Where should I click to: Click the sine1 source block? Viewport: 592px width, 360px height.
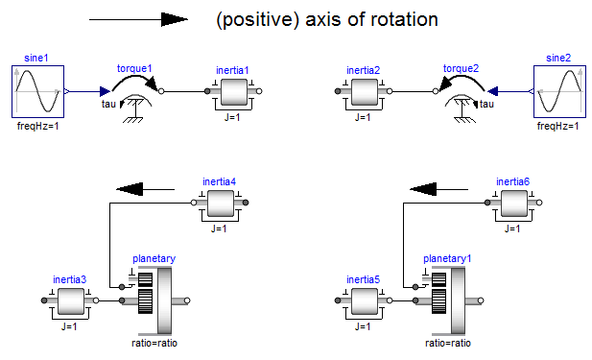click(x=37, y=91)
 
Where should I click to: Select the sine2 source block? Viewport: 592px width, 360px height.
click(x=559, y=91)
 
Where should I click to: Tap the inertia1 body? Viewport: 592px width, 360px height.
click(x=234, y=92)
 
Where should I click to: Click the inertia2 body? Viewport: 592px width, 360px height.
click(x=365, y=92)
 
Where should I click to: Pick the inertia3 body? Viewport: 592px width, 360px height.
click(x=71, y=301)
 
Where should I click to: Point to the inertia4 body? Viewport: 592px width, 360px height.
click(x=221, y=204)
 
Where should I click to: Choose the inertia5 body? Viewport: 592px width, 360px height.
click(x=365, y=301)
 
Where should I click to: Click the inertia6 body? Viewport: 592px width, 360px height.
click(x=514, y=204)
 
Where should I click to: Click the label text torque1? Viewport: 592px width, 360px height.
click(x=134, y=68)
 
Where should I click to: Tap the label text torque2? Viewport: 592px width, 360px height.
click(x=461, y=68)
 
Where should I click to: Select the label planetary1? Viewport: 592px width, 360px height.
click(x=447, y=259)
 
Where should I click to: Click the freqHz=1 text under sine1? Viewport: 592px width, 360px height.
click(x=37, y=126)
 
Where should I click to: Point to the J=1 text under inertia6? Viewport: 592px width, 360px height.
click(x=512, y=228)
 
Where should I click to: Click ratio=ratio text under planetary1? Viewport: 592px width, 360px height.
click(x=448, y=343)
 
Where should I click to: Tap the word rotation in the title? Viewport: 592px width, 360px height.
click(x=404, y=19)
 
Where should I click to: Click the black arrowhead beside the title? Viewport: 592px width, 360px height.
click(x=174, y=19)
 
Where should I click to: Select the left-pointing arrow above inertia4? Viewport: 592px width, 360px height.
click(x=145, y=189)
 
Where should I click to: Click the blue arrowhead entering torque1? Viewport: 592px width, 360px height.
click(x=105, y=91)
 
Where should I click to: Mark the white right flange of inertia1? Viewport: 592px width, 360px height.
click(x=259, y=91)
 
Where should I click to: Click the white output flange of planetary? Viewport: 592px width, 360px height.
click(x=187, y=300)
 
